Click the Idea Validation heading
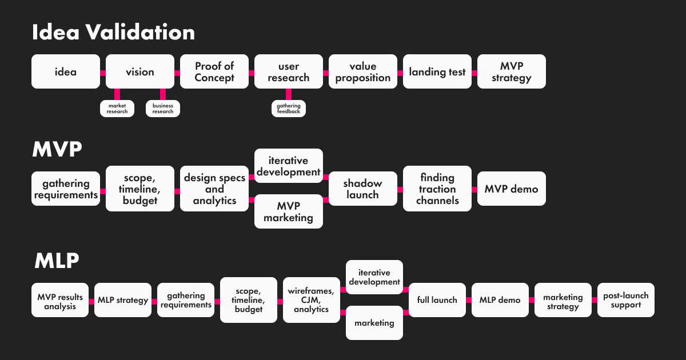113,33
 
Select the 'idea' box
66,71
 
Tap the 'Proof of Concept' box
214,71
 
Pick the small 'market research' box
117,109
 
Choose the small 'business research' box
163,109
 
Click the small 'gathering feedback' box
289,109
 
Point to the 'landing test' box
437,71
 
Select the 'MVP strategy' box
512,71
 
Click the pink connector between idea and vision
103,73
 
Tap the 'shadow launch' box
362,189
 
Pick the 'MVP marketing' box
289,211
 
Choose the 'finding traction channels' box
437,189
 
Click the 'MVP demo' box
512,189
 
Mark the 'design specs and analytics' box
214,189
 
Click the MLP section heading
57,261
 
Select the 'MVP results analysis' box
60,300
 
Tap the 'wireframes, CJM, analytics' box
312,300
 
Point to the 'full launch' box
437,300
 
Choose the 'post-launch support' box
626,300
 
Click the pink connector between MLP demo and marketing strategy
532,300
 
